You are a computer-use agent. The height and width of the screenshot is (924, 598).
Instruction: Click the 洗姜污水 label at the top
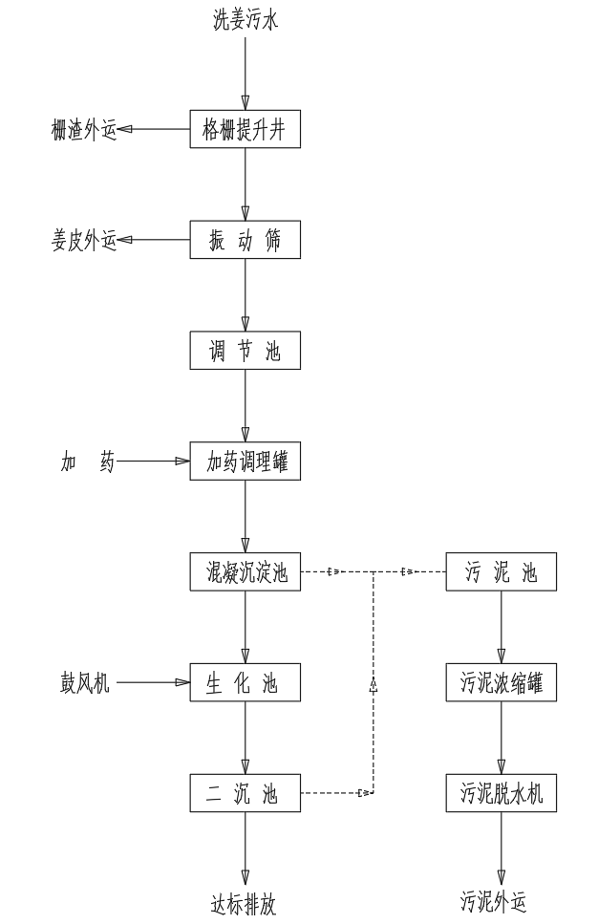[246, 19]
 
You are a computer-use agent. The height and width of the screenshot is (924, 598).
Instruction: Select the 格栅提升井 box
[246, 130]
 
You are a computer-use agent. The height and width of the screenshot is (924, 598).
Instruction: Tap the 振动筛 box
[246, 241]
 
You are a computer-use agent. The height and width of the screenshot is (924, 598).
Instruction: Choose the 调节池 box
[246, 352]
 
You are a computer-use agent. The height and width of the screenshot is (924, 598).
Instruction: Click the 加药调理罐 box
[246, 462]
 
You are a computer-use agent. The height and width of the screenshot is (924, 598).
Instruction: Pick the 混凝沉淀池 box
[246, 573]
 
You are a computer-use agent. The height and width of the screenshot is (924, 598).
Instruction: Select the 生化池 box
[246, 683]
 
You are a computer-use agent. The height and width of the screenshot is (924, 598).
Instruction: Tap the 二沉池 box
[246, 793]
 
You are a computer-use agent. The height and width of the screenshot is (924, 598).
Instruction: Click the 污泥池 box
[502, 573]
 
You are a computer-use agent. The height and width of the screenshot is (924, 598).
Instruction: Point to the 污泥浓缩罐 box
[502, 683]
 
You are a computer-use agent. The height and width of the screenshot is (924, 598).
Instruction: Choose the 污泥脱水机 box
[502, 793]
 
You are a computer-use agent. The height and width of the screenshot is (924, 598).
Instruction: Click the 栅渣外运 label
[83, 130]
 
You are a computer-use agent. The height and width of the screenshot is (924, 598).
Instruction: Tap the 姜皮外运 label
[83, 241]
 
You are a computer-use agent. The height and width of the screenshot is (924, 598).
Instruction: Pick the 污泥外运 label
[494, 903]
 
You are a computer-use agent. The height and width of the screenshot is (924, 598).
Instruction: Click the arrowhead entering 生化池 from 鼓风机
[182, 683]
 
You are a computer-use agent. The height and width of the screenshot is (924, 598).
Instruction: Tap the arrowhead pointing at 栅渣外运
[125, 130]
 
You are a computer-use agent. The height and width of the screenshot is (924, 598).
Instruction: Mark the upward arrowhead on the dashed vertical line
[374, 683]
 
